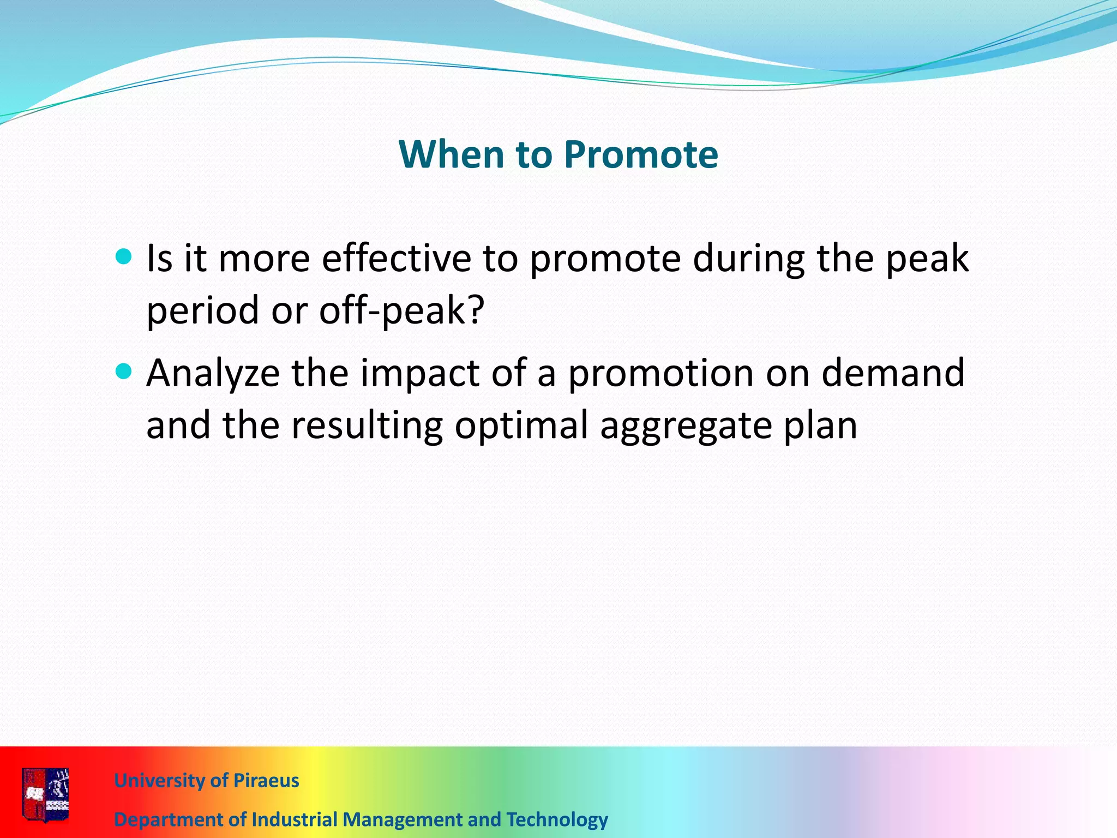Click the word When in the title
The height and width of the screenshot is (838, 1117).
(451, 155)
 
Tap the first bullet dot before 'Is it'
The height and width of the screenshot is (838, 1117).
(124, 256)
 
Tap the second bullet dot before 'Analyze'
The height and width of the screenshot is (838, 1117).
(124, 372)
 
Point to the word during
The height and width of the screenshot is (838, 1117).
(748, 260)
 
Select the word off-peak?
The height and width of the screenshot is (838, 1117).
(401, 311)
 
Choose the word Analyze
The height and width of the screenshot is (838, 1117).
(213, 374)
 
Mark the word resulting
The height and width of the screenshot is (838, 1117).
(367, 427)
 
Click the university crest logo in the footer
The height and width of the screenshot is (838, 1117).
(45, 794)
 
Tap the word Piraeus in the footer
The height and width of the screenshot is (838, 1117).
(266, 781)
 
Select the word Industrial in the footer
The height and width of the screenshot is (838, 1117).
(295, 820)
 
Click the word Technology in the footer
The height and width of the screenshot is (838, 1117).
(557, 820)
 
